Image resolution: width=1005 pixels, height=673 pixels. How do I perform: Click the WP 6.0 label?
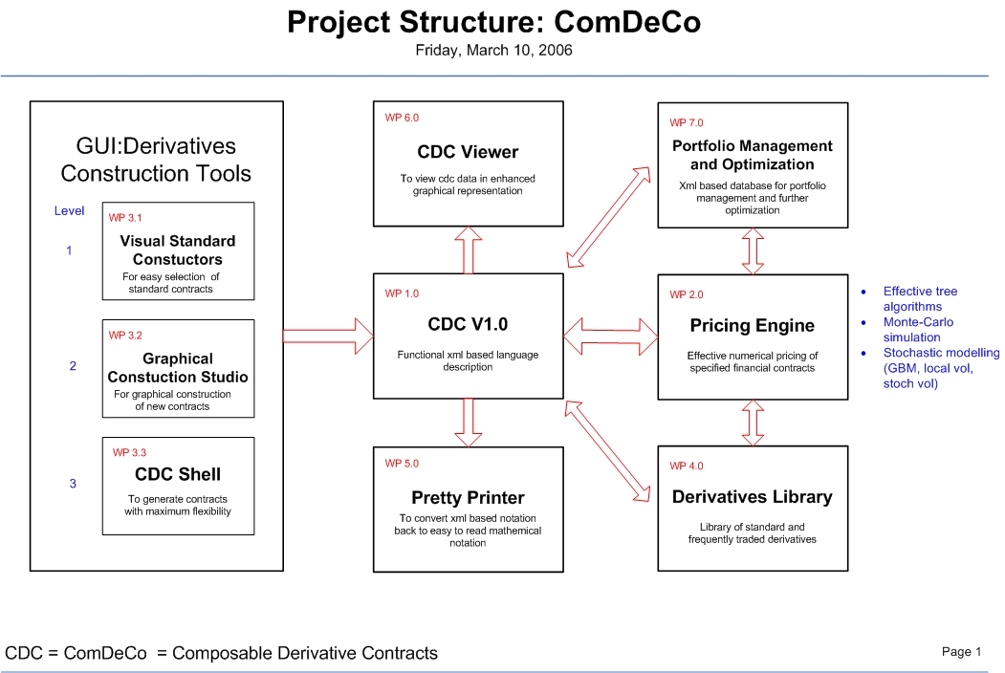click(402, 119)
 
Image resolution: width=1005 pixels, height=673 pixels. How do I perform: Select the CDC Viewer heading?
click(468, 152)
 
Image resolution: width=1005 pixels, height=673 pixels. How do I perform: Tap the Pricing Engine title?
click(752, 326)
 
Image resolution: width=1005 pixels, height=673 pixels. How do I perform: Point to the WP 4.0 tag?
click(686, 467)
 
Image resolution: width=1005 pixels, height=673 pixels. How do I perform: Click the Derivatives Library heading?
click(752, 497)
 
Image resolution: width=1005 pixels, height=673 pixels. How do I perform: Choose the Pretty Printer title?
click(468, 498)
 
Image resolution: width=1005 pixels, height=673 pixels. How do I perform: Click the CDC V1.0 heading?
click(468, 324)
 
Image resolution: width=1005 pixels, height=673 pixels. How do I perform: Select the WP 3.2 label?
click(125, 336)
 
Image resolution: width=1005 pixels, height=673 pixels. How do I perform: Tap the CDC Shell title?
click(178, 474)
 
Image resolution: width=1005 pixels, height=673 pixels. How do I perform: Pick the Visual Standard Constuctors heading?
click(178, 250)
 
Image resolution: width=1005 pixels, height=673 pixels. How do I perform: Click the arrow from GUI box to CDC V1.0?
click(328, 335)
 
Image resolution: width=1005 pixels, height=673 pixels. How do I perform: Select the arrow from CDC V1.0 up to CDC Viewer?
click(468, 250)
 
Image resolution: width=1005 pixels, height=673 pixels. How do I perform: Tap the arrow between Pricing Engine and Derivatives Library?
click(753, 422)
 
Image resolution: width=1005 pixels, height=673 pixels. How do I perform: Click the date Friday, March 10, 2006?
click(493, 51)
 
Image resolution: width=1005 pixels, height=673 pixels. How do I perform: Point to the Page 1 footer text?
click(961, 652)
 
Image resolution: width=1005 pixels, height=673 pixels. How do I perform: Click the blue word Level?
click(69, 211)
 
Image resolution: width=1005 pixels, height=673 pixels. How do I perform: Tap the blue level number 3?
click(73, 484)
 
